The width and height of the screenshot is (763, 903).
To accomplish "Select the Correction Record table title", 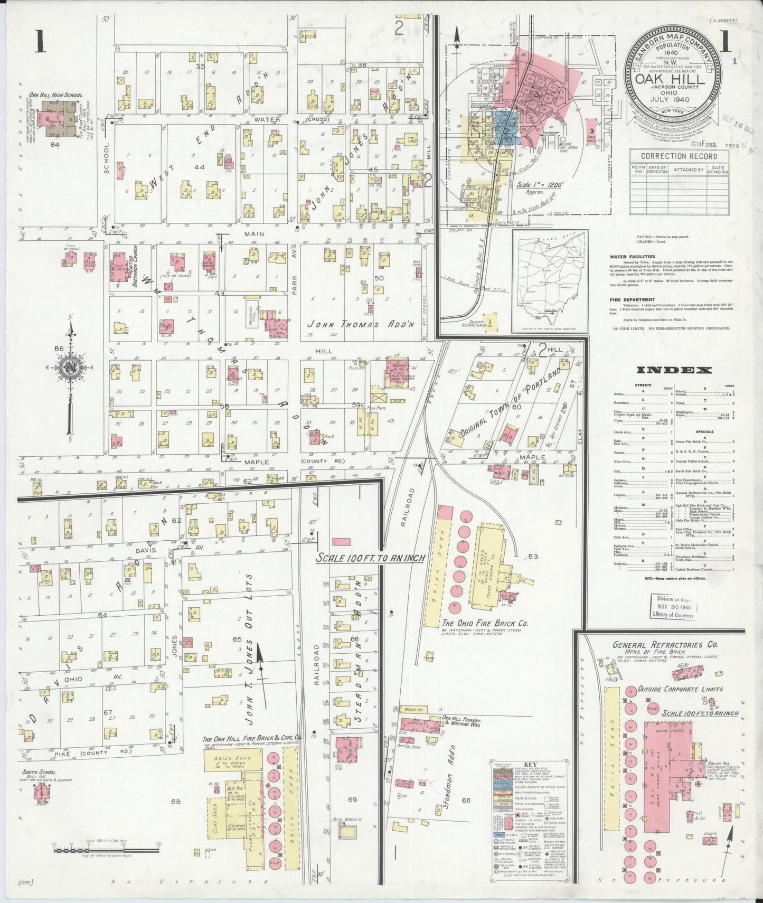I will click(x=679, y=156).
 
